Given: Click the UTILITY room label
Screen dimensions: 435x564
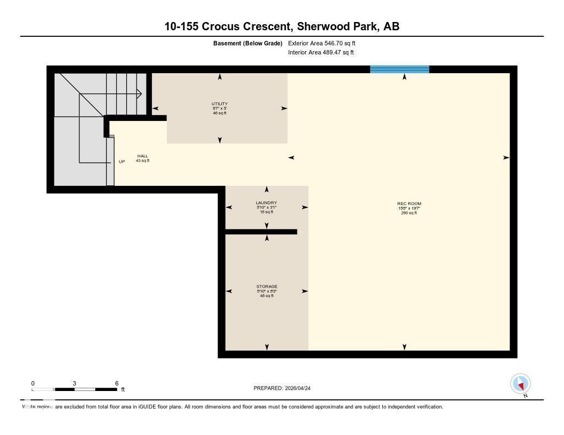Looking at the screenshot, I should [x=219, y=104].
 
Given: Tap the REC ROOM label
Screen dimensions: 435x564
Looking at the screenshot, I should [x=409, y=203].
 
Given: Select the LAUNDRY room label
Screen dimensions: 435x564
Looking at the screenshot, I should [x=266, y=203].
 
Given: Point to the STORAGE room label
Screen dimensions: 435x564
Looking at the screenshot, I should [x=267, y=287].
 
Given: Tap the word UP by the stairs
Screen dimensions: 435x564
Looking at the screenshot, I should [x=122, y=162].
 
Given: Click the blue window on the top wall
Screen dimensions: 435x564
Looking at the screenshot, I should [x=399, y=69].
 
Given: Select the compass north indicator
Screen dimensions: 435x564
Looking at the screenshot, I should [x=520, y=384].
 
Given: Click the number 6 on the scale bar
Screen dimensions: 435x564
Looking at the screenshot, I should [x=117, y=383].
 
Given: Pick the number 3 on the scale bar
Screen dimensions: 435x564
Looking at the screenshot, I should [x=74, y=383].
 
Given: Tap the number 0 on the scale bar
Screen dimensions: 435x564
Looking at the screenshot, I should [x=33, y=383].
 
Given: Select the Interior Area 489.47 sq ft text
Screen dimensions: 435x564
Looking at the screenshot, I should [x=321, y=53].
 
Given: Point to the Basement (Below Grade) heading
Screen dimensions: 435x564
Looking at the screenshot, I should [x=247, y=43].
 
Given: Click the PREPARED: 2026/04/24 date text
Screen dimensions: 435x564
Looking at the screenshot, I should [x=285, y=388].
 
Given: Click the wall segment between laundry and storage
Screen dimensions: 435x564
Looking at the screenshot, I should [x=261, y=232].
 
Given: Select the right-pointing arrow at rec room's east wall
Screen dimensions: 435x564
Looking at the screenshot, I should [x=506, y=158].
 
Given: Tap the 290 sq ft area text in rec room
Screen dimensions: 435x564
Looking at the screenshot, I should [x=409, y=213].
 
